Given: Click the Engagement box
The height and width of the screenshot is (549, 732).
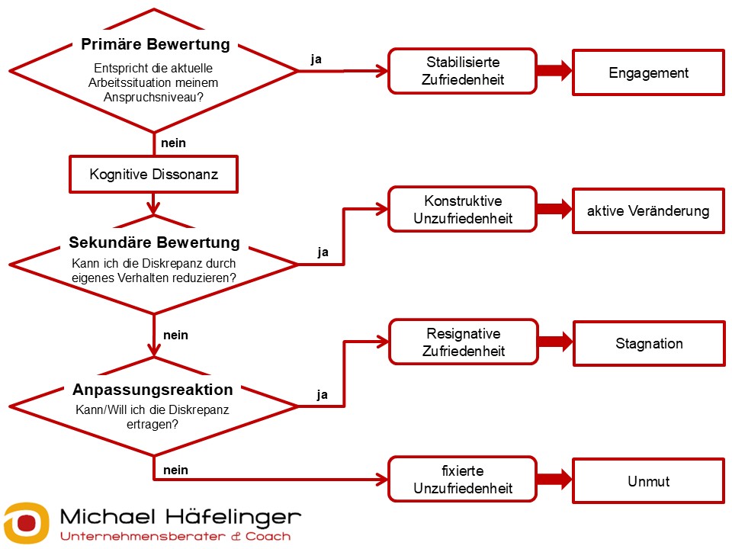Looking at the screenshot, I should (648, 73).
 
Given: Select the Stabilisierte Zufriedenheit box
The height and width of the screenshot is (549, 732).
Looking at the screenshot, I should (463, 71).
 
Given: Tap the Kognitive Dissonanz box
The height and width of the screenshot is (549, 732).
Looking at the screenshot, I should (153, 175).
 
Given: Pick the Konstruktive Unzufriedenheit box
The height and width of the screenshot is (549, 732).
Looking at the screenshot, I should (463, 210).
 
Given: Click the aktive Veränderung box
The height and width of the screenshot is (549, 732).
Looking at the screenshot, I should (648, 210).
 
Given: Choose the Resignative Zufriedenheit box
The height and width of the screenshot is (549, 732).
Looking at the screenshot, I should (463, 343).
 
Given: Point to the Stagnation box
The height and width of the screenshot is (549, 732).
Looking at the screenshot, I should (648, 343).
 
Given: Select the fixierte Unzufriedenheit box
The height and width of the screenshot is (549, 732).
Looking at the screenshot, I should (463, 480).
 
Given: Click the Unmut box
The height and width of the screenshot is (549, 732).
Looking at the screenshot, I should (648, 480).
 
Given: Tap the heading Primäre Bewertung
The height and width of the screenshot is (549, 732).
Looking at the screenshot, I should (155, 44).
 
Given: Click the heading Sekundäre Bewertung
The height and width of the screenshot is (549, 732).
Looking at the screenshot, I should (154, 243).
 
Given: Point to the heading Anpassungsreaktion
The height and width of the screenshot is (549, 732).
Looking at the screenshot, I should (152, 390).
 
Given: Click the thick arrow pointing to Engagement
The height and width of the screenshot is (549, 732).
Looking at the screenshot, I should (554, 72).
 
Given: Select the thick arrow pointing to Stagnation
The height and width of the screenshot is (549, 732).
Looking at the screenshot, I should (554, 342).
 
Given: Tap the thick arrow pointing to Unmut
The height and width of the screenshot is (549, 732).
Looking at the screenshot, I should (554, 480).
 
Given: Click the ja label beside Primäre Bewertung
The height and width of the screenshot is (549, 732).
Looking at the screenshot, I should (316, 59).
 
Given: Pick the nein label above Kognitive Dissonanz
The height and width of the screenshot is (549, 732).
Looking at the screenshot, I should (174, 143).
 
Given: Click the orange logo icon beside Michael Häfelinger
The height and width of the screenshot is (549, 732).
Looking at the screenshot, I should (26, 522).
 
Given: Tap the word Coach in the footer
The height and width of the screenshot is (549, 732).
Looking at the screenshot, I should (267, 536).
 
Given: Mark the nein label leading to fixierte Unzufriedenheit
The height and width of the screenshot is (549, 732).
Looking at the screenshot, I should (175, 470).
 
